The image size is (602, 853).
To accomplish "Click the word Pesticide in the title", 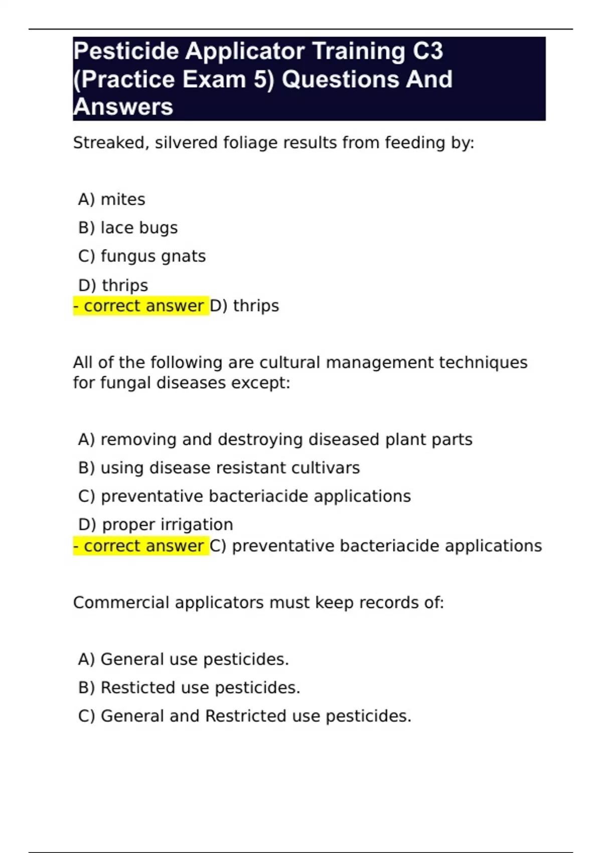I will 126,52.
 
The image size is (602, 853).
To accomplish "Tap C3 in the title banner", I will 428,52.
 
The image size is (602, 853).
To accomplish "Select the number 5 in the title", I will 262,80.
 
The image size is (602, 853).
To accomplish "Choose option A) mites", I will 111,200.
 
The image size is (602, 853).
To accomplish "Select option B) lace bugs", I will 128,228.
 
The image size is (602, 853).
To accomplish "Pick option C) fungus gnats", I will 142,256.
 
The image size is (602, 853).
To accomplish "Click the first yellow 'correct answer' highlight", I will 140,306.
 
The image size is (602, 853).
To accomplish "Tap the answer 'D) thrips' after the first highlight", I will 244,306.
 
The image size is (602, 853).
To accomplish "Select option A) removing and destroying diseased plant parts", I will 275,440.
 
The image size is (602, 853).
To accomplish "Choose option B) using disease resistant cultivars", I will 219,468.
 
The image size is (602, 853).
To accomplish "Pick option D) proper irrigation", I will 156,524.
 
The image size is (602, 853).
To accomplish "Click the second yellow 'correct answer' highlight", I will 140,546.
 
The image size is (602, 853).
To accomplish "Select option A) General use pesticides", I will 184,659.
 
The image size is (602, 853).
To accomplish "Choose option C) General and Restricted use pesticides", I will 245,716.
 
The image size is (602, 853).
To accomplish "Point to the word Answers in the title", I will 123,107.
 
